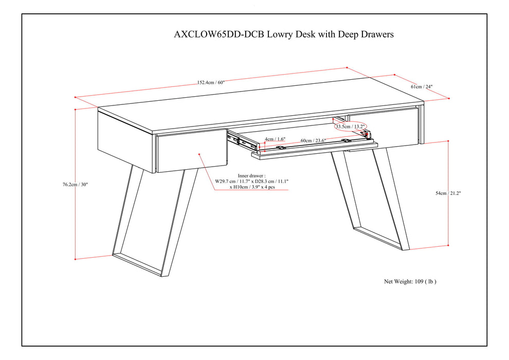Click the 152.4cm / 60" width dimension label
211,82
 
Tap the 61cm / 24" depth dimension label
422,87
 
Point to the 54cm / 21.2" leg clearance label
448,193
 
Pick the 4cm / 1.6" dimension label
275,139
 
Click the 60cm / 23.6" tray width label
313,139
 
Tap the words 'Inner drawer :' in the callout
252,175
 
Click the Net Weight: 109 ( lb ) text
410,281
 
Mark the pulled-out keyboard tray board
314,149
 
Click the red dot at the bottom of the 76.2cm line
76,259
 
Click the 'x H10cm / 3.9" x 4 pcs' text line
252,188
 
